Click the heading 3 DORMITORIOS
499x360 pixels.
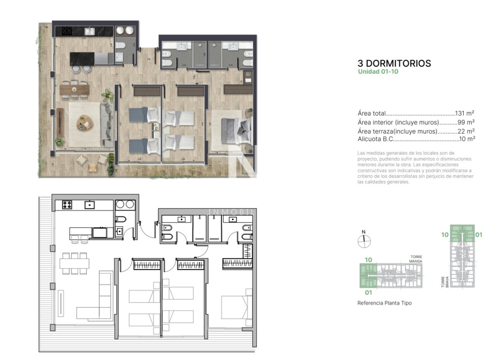tap(394, 64)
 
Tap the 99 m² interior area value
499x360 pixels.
tap(467, 122)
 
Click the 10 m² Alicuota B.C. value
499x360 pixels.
tap(467, 139)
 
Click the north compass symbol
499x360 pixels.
tap(364, 240)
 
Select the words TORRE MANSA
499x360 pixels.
tap(416, 259)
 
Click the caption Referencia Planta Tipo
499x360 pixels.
tap(384, 303)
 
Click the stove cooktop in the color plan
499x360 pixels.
tap(67, 30)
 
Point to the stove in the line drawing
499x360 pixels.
tap(67, 205)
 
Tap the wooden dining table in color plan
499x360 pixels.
tap(74, 89)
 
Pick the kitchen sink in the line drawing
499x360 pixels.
tap(90, 205)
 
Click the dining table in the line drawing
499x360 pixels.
tap(74, 263)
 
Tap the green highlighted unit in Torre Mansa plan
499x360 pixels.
tap(368, 276)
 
